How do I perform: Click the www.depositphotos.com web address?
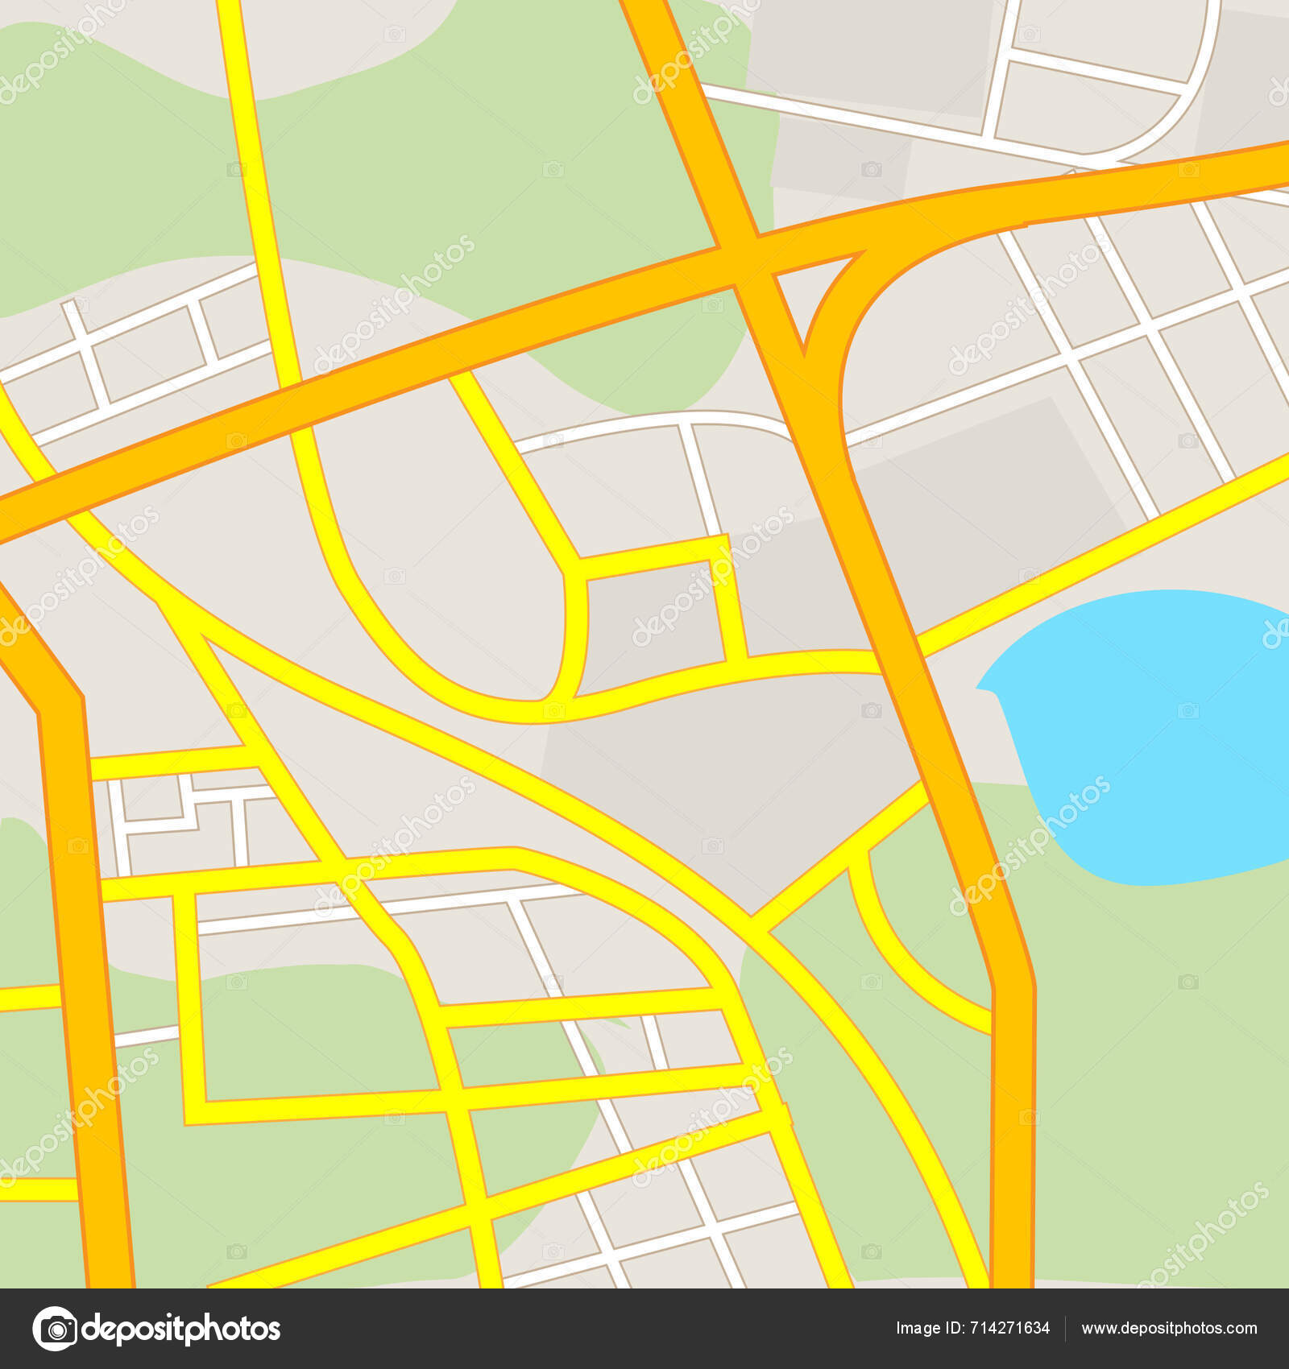[1169, 1328]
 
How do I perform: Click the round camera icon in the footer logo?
[55, 1328]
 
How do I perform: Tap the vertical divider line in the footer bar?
[1065, 1328]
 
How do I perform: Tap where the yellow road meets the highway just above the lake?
[918, 644]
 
